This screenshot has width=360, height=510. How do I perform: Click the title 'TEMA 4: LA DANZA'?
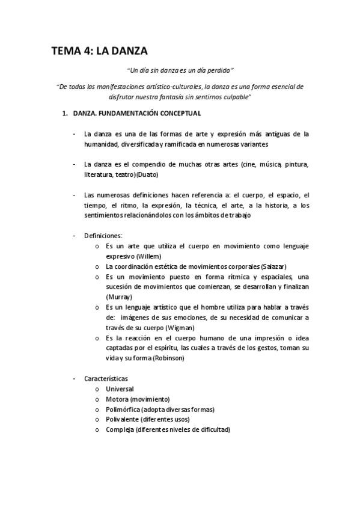(99, 51)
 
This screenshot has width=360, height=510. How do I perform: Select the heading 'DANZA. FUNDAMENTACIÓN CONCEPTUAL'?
(137, 114)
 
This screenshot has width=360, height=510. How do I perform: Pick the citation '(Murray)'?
(119, 297)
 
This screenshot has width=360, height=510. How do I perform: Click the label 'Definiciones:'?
(103, 235)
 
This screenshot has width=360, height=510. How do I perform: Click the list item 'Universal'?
(120, 389)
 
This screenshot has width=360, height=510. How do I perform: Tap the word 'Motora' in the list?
(117, 399)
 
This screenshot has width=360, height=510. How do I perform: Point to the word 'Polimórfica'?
(123, 410)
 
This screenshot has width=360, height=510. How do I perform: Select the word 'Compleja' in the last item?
(119, 429)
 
